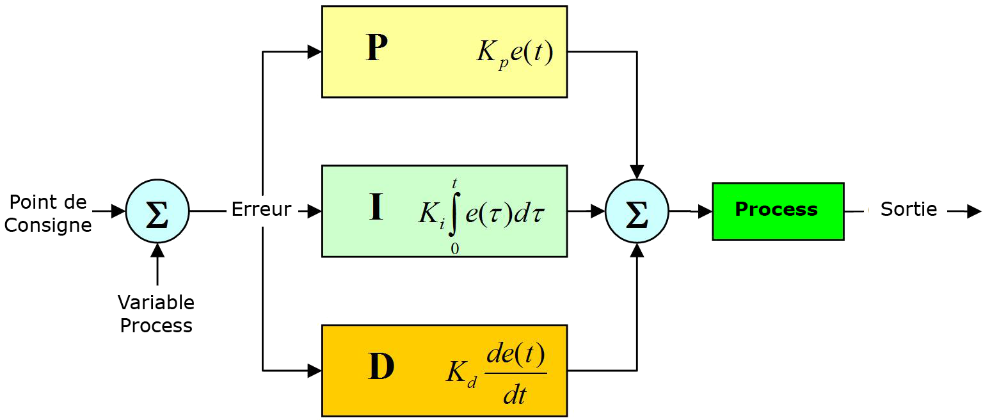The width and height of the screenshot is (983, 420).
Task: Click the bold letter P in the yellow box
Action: coord(377,48)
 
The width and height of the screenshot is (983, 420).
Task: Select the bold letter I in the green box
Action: coord(376,208)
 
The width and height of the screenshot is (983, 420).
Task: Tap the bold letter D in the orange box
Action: coord(381,367)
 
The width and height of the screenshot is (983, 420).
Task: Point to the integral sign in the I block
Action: coord(454,214)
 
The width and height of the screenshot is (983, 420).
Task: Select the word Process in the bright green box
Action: coord(776,209)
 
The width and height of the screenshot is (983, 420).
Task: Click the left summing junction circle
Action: coord(157,211)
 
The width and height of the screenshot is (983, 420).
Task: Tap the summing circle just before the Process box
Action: coord(636,211)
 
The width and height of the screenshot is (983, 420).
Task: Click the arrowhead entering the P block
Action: coord(314,52)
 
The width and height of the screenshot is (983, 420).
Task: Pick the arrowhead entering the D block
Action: coord(314,370)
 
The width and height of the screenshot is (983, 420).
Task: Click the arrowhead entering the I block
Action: coord(314,211)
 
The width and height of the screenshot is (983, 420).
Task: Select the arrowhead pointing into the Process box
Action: coord(705,211)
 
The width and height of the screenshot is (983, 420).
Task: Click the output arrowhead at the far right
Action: coord(973,211)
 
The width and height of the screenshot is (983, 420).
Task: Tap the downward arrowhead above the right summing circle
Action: coord(637,172)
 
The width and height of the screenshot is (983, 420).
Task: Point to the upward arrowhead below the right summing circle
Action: coord(637,250)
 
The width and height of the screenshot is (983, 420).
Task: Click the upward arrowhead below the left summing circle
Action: coord(157,250)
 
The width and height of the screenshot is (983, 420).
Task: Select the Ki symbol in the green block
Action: coord(431,214)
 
